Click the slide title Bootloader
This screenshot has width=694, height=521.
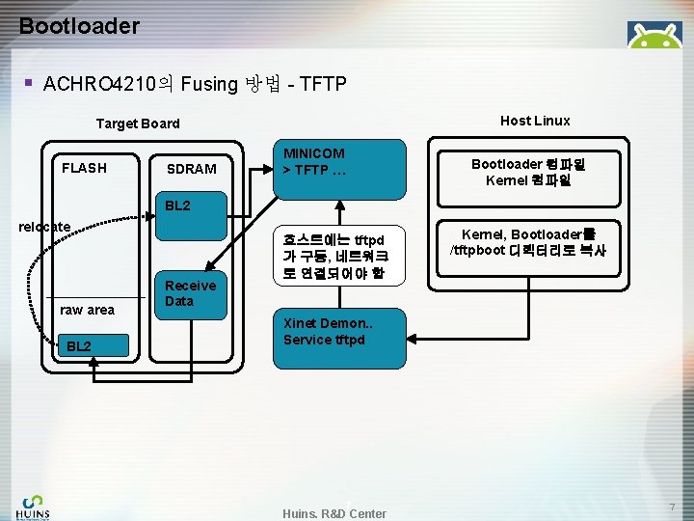[79, 26]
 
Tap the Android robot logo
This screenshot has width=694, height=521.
[654, 37]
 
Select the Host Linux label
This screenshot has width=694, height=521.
[535, 121]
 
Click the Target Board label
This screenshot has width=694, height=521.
[138, 123]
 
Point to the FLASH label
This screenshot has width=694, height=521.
[84, 168]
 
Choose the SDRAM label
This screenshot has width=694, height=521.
[191, 169]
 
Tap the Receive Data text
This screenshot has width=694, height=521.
[191, 292]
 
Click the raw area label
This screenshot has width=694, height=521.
[87, 310]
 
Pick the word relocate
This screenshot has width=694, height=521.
[45, 227]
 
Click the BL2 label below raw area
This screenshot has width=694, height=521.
[79, 346]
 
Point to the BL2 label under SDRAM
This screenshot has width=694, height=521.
[177, 206]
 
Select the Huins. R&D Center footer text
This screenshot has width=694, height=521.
[334, 513]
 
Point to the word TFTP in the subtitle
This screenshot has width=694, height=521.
[324, 84]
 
